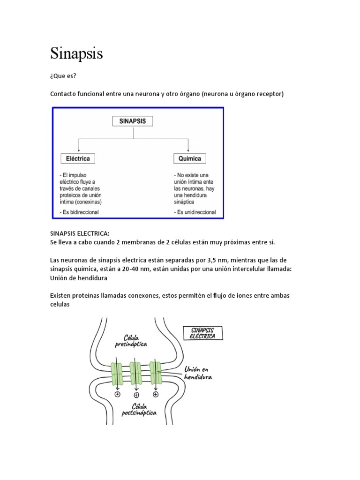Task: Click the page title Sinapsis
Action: tap(76, 53)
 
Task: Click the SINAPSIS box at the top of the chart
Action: tap(133, 121)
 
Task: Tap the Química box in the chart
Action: tap(190, 158)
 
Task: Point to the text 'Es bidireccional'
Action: tap(81, 212)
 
